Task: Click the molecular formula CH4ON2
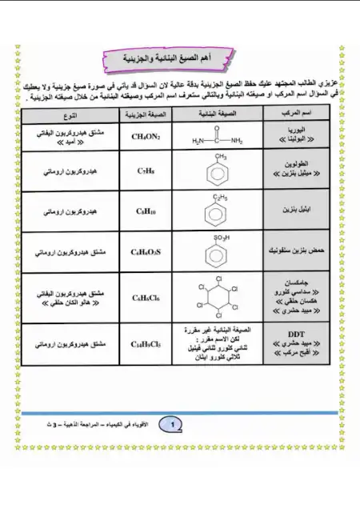click(146, 136)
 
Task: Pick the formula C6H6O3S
click(146, 252)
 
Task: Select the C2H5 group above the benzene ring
click(217, 196)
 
